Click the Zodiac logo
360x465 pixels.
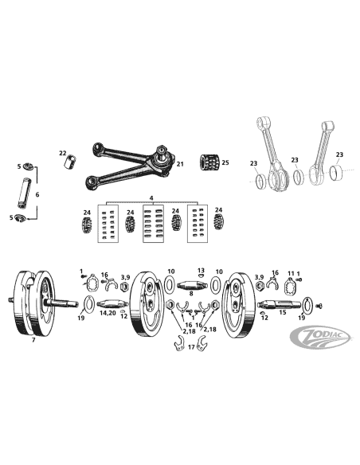click(319, 338)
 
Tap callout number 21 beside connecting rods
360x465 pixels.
click(180, 164)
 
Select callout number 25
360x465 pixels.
click(225, 162)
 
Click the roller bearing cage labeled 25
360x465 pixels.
click(209, 162)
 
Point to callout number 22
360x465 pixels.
click(63, 153)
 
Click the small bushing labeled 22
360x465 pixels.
click(70, 162)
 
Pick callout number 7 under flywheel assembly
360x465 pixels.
click(33, 340)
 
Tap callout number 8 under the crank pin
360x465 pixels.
click(191, 294)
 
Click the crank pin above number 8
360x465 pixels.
click(192, 286)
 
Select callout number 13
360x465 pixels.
click(201, 270)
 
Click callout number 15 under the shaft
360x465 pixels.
click(283, 312)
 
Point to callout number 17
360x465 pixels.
click(191, 346)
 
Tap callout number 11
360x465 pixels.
click(291, 273)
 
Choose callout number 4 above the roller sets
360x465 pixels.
click(151, 197)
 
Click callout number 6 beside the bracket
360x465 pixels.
click(37, 194)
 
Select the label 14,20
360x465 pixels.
click(108, 313)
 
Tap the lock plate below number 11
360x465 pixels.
click(290, 286)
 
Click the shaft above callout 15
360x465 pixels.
click(280, 304)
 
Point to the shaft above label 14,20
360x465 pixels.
click(112, 304)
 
